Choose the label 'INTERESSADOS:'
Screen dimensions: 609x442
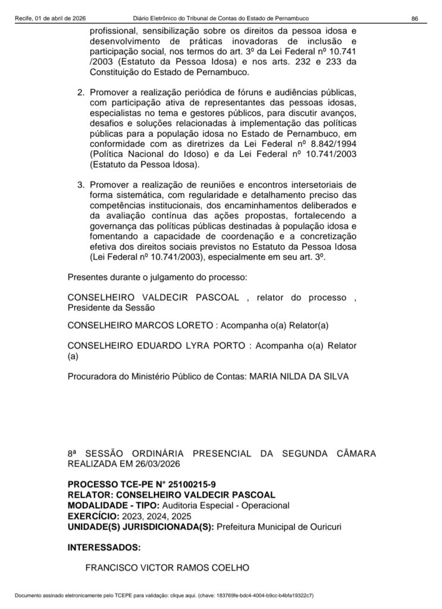104,547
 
